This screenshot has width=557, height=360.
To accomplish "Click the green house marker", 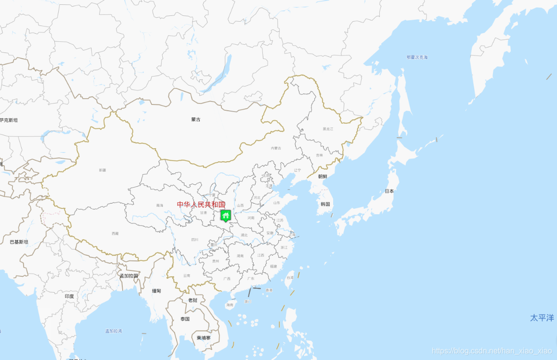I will [x=225, y=215].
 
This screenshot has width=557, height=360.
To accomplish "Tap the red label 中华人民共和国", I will [x=201, y=205].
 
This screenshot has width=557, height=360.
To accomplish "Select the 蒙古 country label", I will [x=196, y=119].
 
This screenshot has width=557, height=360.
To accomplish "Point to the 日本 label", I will [x=389, y=191].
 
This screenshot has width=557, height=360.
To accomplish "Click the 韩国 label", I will [x=325, y=204].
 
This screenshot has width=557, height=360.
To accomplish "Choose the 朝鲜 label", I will [x=323, y=176].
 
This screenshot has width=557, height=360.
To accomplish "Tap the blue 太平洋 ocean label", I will [x=542, y=318].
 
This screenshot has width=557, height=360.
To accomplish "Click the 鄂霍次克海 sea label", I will [x=417, y=57].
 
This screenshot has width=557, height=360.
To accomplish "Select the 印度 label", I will [x=69, y=296].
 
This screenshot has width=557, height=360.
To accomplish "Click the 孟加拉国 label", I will [x=129, y=276].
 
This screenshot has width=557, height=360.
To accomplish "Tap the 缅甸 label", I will [x=157, y=291].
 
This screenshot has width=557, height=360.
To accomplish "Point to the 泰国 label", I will [x=185, y=319].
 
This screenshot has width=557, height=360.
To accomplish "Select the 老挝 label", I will [x=193, y=300].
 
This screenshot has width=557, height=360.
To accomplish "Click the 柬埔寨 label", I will [x=204, y=338].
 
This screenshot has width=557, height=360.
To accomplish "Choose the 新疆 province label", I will [x=102, y=170].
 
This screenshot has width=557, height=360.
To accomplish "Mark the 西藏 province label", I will [x=115, y=233].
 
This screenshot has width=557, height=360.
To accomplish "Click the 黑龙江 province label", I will [x=328, y=129].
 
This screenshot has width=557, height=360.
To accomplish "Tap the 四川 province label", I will [x=194, y=239].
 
